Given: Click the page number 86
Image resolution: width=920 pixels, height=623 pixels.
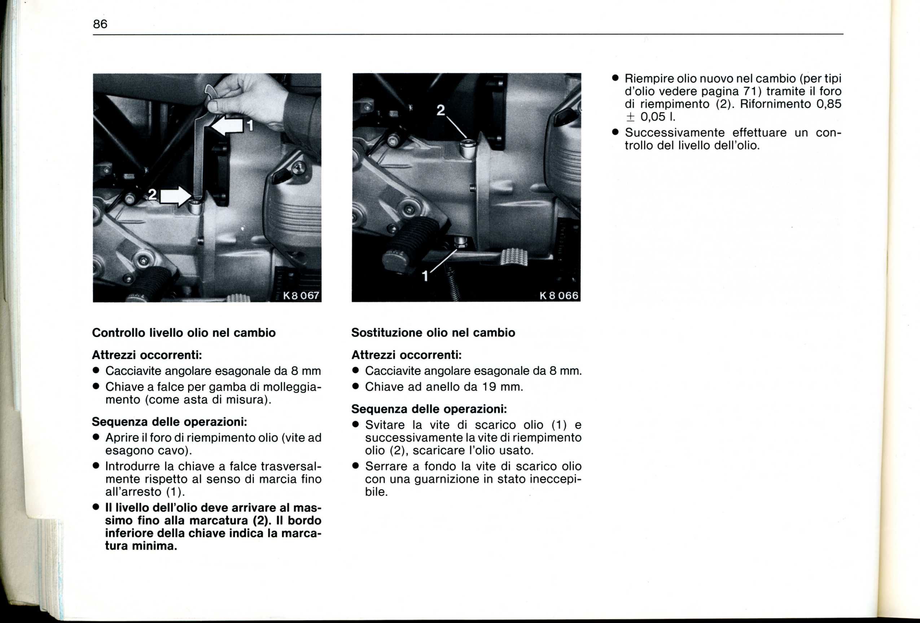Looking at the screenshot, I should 100,24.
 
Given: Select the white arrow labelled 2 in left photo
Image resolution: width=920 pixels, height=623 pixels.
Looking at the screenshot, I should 175,196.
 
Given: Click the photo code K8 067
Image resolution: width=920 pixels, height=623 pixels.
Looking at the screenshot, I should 301,296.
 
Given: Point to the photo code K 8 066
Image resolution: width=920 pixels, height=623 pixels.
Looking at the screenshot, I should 559,296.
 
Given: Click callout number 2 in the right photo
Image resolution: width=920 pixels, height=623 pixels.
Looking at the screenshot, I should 441,110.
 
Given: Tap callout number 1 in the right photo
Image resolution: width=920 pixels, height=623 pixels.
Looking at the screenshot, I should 425,276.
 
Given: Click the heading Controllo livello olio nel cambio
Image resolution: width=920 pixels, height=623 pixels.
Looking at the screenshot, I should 184,333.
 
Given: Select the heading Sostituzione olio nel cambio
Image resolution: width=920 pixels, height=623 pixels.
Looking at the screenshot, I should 433,333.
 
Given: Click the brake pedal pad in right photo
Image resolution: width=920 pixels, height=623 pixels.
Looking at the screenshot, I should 514,258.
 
